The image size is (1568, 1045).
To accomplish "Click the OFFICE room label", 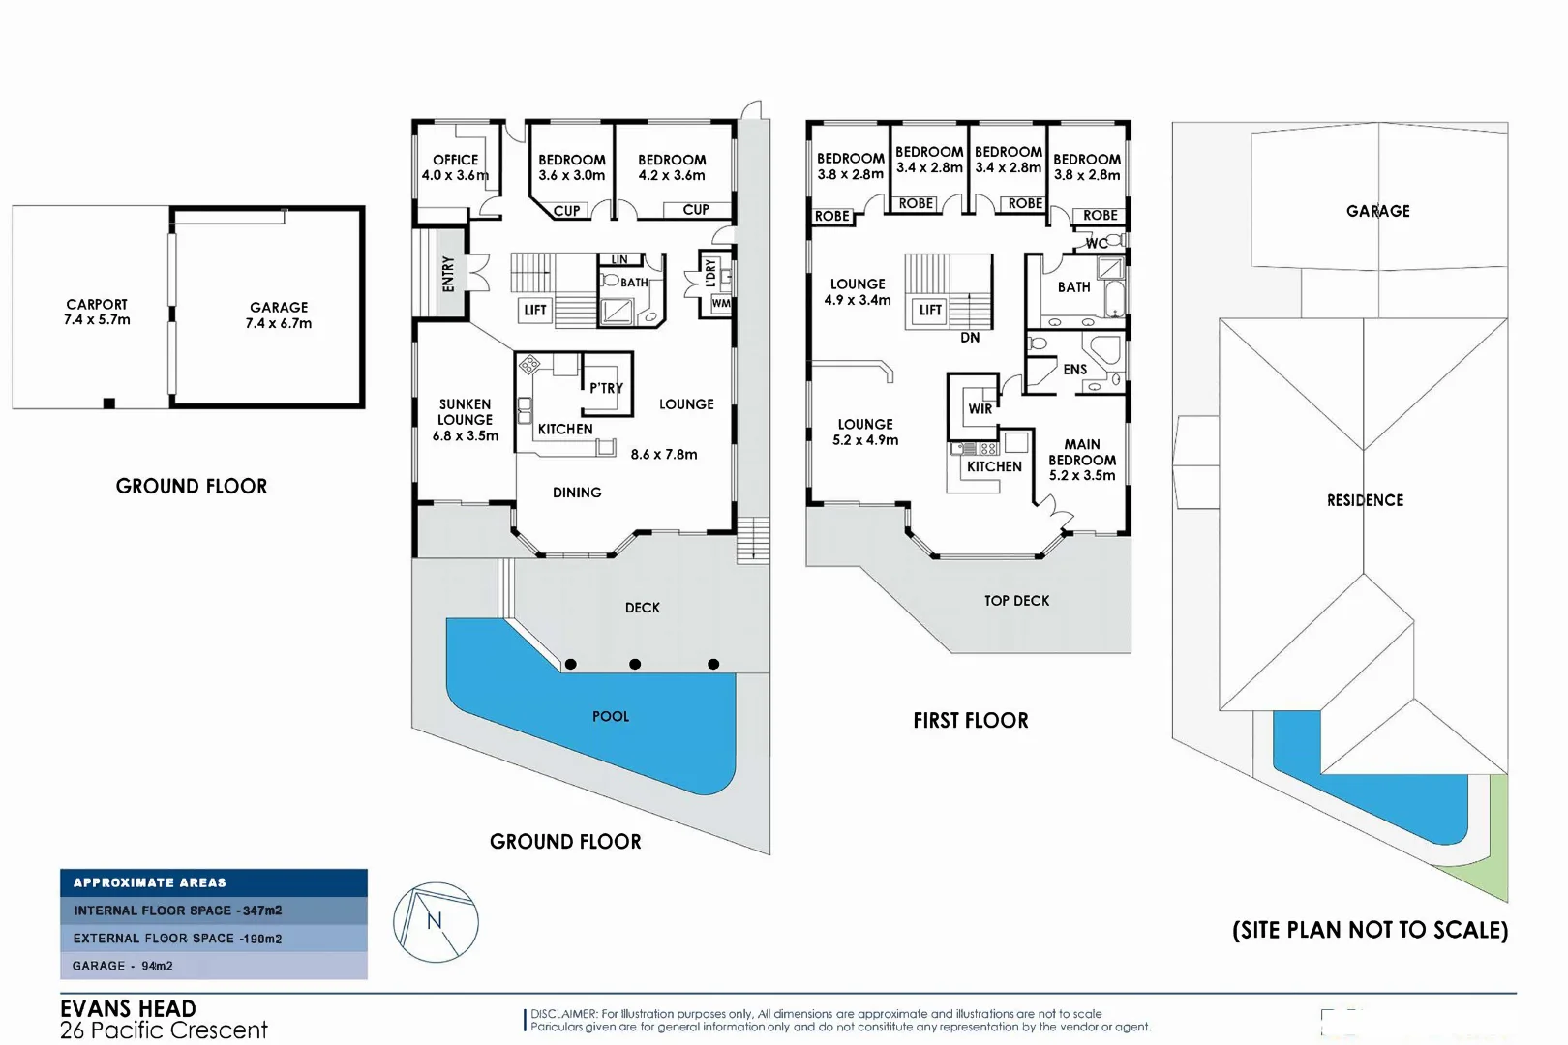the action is tap(455, 161).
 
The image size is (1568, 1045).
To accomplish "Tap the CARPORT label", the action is tap(97, 305).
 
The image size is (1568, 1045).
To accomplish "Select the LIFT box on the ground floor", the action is tap(535, 311).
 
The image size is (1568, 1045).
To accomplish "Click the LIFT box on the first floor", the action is tap(930, 311).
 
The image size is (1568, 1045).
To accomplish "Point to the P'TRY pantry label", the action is tap(606, 388).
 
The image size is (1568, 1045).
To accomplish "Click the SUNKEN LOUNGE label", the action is tap(466, 412).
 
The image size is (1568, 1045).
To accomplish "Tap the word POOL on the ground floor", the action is tap(611, 717).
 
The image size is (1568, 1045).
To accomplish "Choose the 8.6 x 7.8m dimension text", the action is tap(664, 455).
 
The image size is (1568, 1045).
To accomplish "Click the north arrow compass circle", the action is tap(436, 922).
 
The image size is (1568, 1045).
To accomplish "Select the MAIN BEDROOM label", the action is tap(1082, 452).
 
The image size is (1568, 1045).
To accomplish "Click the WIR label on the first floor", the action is tap(980, 409).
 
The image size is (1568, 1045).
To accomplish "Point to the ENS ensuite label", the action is tap(1074, 370).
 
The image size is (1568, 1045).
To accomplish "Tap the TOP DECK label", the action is tap(1016, 601).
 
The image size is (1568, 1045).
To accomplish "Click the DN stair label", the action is tap(970, 338).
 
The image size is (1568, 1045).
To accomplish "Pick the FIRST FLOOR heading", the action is tap(971, 721).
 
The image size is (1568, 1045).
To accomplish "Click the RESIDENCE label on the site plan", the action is tap(1365, 500).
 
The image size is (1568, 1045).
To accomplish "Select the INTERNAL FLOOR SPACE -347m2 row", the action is tap(214, 911).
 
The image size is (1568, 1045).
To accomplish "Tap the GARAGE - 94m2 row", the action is tap(214, 966).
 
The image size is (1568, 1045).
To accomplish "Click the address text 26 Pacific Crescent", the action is tap(164, 1030).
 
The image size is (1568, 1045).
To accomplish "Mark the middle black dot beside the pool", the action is tap(635, 664).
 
